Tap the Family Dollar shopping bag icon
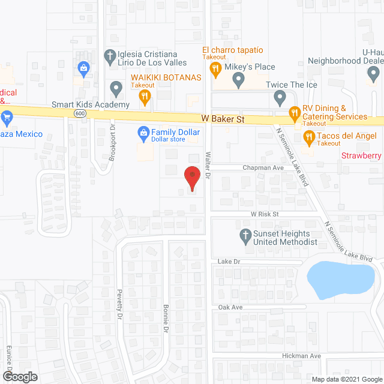(143, 132)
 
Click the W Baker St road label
(223, 119)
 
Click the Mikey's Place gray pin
(238, 79)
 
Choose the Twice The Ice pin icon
(280, 96)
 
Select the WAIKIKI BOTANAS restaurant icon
(144, 96)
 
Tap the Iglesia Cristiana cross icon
(109, 58)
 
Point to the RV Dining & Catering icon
(294, 112)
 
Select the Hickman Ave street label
(302, 356)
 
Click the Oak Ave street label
(230, 307)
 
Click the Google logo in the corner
(19, 377)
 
